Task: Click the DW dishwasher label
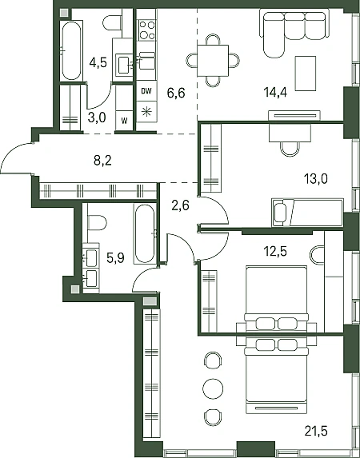[x=146, y=91]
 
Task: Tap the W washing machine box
[x=124, y=121]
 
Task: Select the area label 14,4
[x=275, y=93]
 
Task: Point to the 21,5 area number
[x=316, y=431]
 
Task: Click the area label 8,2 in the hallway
[x=102, y=161]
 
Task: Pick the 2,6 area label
[x=181, y=205]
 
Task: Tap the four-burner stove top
[x=147, y=30]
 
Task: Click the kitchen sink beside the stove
[x=147, y=62]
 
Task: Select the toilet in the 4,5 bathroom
[x=112, y=23]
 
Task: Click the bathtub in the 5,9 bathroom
[x=145, y=233]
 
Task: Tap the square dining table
[x=213, y=61]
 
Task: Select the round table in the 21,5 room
[x=213, y=388]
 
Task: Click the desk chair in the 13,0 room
[x=290, y=149]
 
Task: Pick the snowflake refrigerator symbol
[x=146, y=112]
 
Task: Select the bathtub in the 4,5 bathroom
[x=71, y=50]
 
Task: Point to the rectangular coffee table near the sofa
[x=306, y=74]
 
